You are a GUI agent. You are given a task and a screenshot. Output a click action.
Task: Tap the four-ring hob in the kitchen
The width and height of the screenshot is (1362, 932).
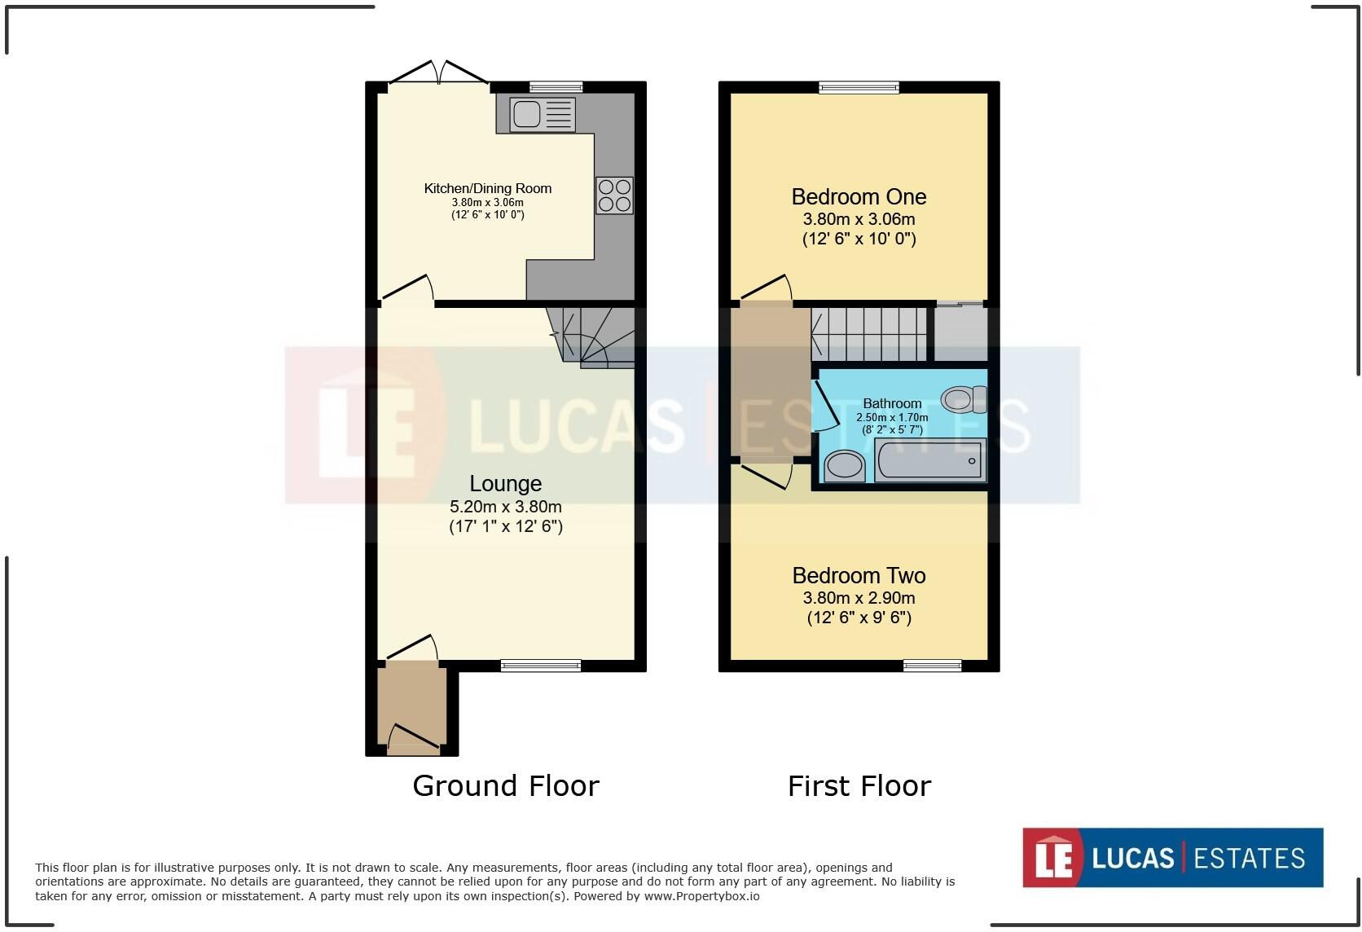pos(614,196)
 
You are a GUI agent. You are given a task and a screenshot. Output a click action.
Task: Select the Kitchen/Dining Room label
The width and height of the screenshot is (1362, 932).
pos(487,188)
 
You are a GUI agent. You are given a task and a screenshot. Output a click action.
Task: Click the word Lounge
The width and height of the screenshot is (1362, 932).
pos(505,483)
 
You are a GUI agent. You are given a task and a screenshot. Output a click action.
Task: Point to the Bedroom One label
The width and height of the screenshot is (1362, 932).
pos(859,196)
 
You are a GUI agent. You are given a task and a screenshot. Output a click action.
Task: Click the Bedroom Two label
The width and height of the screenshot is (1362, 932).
pos(859,575)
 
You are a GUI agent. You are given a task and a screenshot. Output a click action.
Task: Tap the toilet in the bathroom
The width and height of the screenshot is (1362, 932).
pos(963,399)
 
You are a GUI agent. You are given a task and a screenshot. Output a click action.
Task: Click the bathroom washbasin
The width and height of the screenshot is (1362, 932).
pos(845,467)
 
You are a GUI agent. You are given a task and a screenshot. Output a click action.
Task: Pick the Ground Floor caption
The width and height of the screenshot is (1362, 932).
pos(505,785)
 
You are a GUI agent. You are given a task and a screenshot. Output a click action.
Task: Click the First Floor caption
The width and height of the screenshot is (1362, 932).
pos(859,785)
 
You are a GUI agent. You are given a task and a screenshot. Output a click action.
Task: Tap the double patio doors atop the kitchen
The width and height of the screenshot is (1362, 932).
pos(438,73)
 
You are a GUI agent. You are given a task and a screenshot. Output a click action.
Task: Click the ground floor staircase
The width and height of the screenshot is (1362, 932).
pos(593,336)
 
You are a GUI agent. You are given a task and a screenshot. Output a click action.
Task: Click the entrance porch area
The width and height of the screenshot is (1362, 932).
pos(411,705)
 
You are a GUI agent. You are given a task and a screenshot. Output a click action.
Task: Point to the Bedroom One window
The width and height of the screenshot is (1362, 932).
pos(859,87)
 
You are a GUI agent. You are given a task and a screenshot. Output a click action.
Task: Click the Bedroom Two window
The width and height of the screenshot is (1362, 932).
pos(932,666)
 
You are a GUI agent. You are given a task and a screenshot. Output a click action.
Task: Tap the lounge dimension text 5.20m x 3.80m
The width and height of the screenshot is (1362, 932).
pos(505,506)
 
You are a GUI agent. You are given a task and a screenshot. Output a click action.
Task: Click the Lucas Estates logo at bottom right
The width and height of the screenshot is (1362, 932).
pos(1172,857)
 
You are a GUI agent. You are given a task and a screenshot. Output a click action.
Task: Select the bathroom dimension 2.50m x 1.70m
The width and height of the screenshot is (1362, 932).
pos(892,417)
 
